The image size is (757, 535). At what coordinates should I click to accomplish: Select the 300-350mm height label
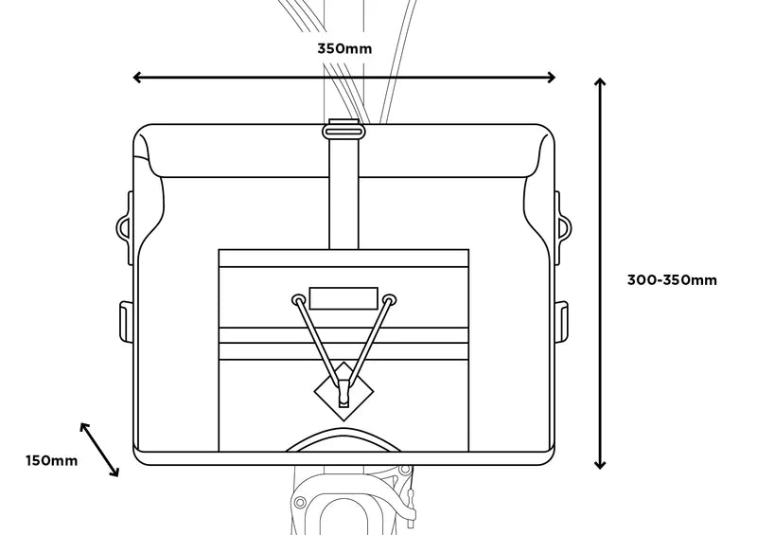click(672, 279)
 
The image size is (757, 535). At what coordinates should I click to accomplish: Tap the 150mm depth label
click(51, 460)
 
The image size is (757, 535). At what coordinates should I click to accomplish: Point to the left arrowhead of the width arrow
click(138, 78)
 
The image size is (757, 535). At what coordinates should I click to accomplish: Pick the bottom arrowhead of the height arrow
click(599, 463)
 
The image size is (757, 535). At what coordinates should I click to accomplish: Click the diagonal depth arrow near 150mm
click(99, 449)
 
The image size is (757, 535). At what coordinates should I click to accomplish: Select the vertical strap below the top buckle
click(343, 189)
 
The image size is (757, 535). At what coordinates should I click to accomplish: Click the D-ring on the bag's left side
click(123, 225)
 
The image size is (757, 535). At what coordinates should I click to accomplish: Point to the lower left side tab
click(124, 320)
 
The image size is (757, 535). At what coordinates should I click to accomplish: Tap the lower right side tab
click(561, 320)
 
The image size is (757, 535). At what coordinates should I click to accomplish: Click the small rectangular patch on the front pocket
click(343, 297)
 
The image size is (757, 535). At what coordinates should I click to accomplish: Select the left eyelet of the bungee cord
click(298, 301)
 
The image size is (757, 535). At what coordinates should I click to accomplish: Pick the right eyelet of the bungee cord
click(389, 301)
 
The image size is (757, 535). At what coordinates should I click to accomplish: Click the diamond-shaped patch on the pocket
click(343, 390)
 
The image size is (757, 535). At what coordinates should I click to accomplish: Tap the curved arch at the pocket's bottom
click(343, 437)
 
